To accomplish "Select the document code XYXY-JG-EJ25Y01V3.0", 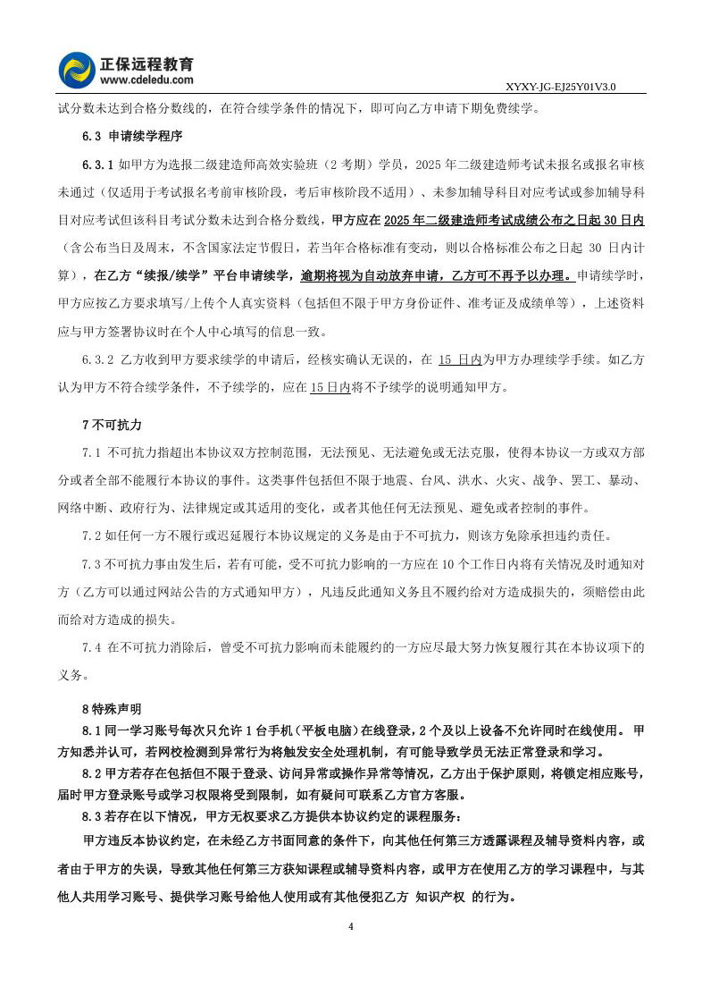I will click(561, 88).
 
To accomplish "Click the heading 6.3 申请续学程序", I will click(131, 137).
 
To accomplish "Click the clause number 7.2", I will click(92, 536).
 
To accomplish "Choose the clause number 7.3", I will click(92, 565).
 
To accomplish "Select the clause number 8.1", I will click(92, 730).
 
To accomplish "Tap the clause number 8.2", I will click(92, 772).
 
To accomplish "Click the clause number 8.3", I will click(92, 815).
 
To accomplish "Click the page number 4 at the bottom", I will click(351, 925).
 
